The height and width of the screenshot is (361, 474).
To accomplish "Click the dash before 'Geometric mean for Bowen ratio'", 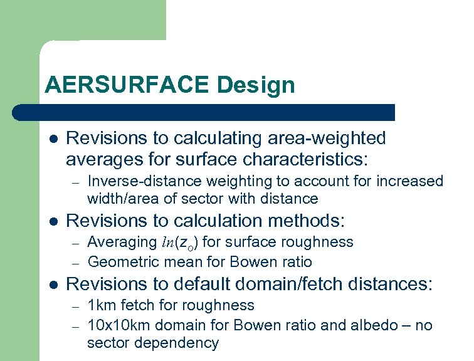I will click(75, 261).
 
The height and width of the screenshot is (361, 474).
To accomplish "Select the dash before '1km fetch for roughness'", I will click(75, 306).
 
